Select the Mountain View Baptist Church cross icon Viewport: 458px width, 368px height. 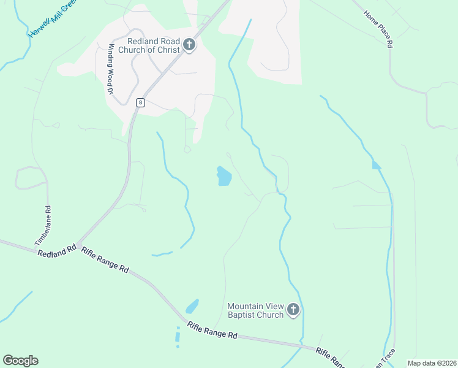[293, 310]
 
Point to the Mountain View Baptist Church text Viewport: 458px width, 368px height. [255, 310]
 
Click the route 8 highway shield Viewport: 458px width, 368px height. [141, 103]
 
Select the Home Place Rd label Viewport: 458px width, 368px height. [378, 29]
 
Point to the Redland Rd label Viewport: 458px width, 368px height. [56, 250]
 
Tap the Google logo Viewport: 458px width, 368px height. [20, 361]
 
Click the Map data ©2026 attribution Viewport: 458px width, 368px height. [432, 363]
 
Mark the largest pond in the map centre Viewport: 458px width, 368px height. [224, 177]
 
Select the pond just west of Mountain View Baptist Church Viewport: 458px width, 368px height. [192, 305]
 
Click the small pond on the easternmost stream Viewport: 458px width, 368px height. [376, 165]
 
